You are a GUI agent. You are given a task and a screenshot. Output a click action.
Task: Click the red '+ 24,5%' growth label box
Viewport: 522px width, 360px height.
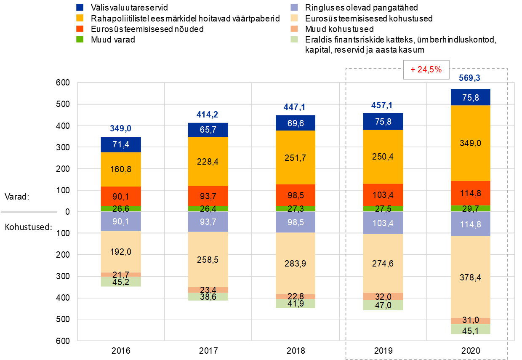point(426,69)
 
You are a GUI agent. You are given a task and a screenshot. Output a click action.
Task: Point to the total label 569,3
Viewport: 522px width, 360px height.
point(471,78)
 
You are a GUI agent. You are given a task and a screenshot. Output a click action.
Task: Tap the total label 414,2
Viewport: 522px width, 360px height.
point(208,115)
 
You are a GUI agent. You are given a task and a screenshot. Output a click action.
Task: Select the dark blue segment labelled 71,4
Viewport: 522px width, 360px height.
point(121,144)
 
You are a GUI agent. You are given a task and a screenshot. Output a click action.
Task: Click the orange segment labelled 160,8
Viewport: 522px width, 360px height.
point(121,169)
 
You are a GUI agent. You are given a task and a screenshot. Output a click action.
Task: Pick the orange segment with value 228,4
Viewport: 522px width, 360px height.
point(208,161)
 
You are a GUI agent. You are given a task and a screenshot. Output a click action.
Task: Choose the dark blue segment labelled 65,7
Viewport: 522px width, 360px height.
point(208,130)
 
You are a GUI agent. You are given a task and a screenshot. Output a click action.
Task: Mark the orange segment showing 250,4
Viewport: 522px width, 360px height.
point(383,157)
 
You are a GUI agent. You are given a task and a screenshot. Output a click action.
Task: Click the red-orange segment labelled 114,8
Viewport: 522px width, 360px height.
point(471,193)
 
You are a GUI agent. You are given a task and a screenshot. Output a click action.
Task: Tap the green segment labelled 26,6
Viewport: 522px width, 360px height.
point(121,208)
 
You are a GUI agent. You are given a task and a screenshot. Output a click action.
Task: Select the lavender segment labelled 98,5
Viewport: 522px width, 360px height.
point(296,222)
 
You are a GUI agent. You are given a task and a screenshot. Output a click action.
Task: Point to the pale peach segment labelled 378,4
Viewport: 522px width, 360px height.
point(471,277)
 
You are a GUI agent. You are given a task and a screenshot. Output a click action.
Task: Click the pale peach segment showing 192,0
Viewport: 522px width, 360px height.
point(121,252)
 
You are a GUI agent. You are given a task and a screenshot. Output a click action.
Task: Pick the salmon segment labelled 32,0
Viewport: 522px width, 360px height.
point(383,296)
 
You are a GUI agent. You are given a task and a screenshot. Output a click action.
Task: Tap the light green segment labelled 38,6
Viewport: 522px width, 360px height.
point(208,296)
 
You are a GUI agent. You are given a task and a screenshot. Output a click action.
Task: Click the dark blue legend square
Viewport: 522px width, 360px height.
point(80,7)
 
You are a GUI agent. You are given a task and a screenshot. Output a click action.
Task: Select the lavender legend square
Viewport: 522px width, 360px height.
point(294,7)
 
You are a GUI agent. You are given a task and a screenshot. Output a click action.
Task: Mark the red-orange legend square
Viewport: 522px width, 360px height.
point(80,29)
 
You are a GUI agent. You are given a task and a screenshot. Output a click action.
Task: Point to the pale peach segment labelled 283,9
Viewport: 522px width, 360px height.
point(296,263)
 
